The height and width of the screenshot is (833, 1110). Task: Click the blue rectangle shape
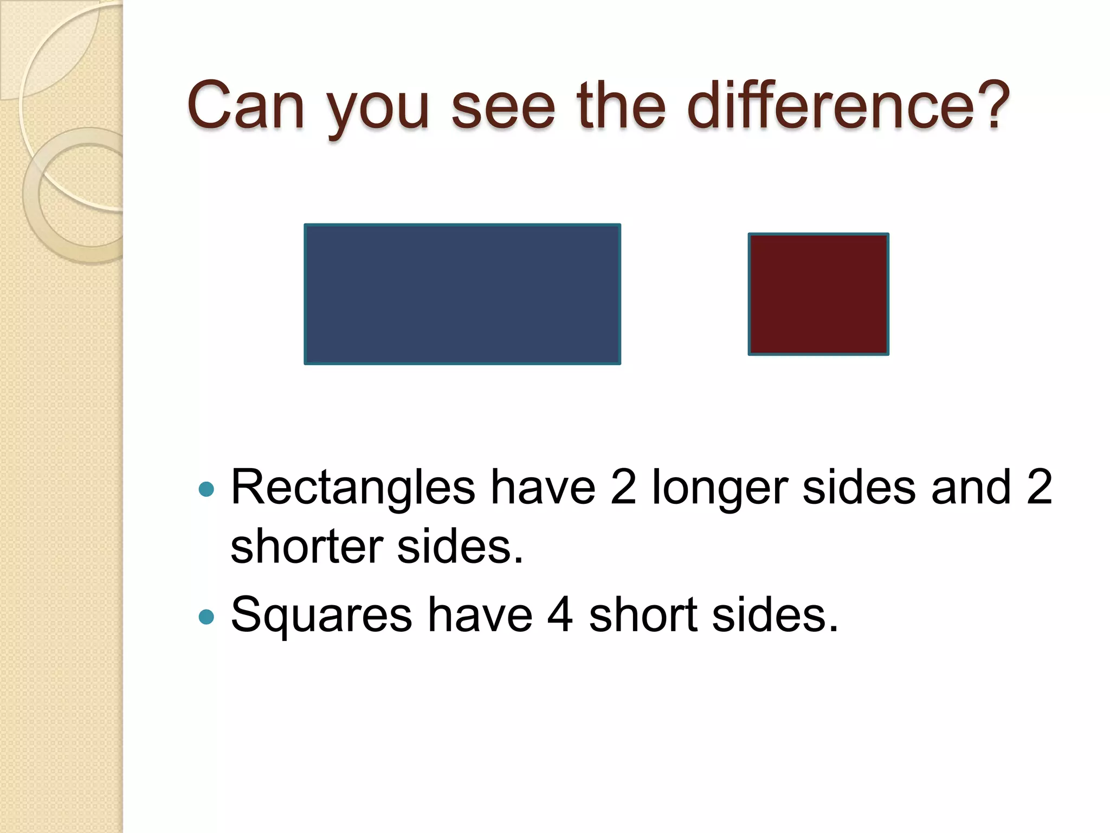click(462, 294)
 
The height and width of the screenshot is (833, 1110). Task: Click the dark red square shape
click(818, 294)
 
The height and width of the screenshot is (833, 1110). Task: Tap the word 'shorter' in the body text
click(307, 547)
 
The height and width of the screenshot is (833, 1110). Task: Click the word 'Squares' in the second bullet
click(321, 616)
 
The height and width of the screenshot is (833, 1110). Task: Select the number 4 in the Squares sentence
click(560, 616)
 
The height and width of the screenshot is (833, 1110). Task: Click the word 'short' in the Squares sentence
click(643, 616)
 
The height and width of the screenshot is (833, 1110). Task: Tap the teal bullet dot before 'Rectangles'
click(206, 490)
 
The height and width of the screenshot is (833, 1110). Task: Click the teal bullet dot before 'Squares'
click(206, 617)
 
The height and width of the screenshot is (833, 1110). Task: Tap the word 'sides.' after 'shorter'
click(460, 547)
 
